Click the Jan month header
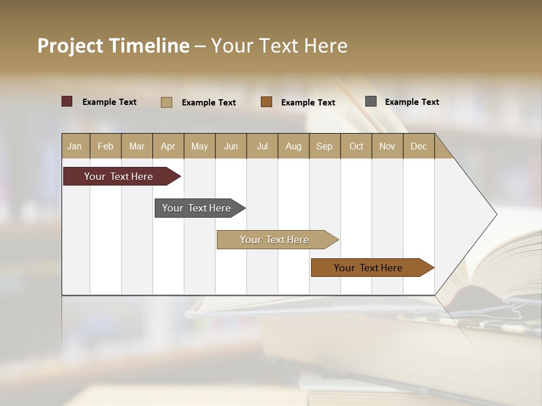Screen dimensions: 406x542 pyautogui.click(x=75, y=146)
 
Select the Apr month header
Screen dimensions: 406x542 pyautogui.click(x=168, y=146)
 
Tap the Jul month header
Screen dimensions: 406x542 pyautogui.click(x=262, y=146)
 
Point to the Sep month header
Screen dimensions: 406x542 pyautogui.click(x=325, y=146)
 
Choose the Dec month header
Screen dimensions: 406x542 pyautogui.click(x=418, y=146)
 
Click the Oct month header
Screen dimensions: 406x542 pyautogui.click(x=356, y=146)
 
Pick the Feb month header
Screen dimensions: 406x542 pyautogui.click(x=106, y=146)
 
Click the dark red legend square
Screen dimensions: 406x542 pyautogui.click(x=67, y=101)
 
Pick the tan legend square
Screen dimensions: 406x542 pyautogui.click(x=167, y=102)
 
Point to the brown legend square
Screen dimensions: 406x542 pyautogui.click(x=266, y=102)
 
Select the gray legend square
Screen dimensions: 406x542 pyautogui.click(x=371, y=101)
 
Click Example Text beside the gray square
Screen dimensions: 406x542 pyautogui.click(x=412, y=102)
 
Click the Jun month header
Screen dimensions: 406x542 pyautogui.click(x=231, y=146)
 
